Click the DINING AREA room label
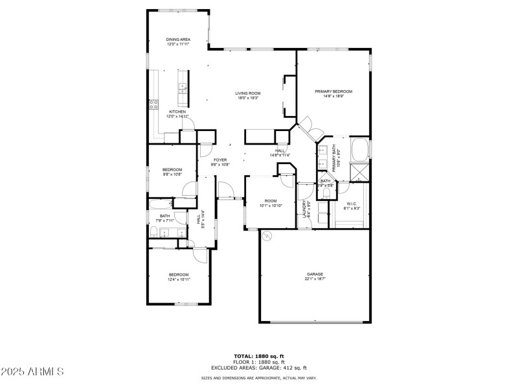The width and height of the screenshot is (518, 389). [x=178, y=40]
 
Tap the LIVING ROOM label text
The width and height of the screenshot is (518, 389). [x=248, y=93]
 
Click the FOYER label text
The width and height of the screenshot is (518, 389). [x=220, y=159]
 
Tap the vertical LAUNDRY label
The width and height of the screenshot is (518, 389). [x=304, y=208]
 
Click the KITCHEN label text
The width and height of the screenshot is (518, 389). [x=177, y=112]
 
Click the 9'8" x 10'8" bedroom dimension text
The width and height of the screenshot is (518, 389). [x=172, y=174]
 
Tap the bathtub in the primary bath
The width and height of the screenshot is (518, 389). [x=359, y=148]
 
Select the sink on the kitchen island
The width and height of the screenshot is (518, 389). [x=183, y=88]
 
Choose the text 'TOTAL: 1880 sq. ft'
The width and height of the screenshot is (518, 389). [x=258, y=356]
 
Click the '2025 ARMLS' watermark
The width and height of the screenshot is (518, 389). [x=32, y=372]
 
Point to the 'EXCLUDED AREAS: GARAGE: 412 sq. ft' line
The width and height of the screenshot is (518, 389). [x=258, y=368]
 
